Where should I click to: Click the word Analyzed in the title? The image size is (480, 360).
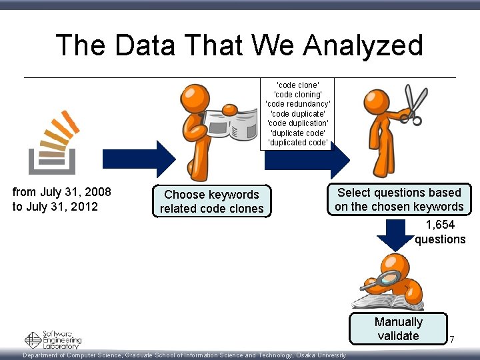pos(363,45)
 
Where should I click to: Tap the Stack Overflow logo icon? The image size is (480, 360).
pos(53,141)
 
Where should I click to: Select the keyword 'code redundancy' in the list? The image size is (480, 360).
pos(297,104)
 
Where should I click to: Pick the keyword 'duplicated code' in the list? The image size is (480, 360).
pos(297,142)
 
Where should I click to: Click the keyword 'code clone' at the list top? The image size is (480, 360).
pos(297,85)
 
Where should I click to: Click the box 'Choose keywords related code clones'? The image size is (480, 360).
pos(212,201)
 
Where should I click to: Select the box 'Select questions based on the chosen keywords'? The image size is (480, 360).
pos(399,199)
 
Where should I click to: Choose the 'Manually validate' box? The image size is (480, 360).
pos(398,329)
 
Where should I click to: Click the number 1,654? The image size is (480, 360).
pos(440,225)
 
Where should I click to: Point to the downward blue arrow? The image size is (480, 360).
pos(395,233)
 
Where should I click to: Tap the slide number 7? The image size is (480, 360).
pos(451,340)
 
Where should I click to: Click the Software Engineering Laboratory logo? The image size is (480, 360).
pos(53,339)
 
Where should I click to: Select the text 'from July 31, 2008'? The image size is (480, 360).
pos(62,192)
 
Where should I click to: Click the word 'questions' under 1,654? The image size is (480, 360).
pos(440,239)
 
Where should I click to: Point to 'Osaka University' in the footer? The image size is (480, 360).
pos(321,355)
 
